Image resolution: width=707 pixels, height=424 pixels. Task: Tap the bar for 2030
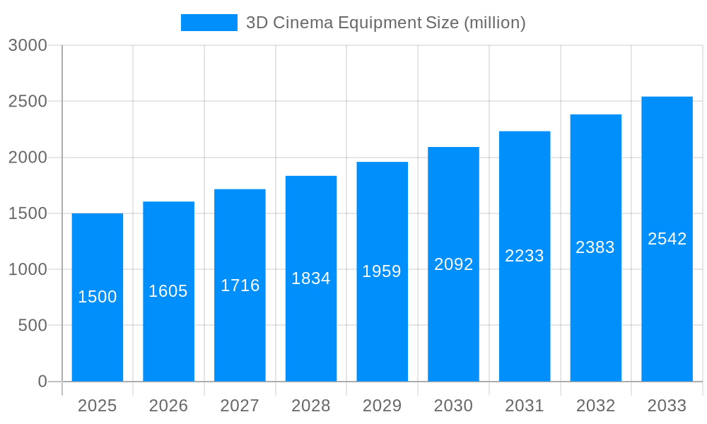(x=453, y=325)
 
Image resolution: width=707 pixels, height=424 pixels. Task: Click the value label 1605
(x=168, y=291)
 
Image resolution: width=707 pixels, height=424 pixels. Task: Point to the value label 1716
(x=240, y=285)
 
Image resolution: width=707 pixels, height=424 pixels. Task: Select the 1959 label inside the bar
(x=382, y=271)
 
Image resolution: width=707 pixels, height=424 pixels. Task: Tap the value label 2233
(x=525, y=256)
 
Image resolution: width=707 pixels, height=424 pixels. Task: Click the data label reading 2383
(x=595, y=247)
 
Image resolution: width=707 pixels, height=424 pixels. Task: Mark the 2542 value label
(x=667, y=239)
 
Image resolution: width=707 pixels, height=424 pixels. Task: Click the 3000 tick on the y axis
(x=28, y=45)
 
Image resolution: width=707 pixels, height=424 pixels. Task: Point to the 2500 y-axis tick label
(x=28, y=101)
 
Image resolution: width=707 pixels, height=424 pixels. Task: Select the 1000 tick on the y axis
(x=28, y=269)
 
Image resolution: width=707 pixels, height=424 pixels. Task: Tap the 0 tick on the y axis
(x=42, y=382)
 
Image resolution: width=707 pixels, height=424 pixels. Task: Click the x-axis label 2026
(x=168, y=406)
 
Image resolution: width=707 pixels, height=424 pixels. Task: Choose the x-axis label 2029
(x=382, y=406)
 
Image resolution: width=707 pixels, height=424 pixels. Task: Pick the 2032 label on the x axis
(x=595, y=406)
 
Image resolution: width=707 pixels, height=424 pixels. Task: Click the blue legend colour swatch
(x=209, y=23)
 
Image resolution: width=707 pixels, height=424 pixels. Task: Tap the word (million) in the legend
(x=494, y=23)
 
